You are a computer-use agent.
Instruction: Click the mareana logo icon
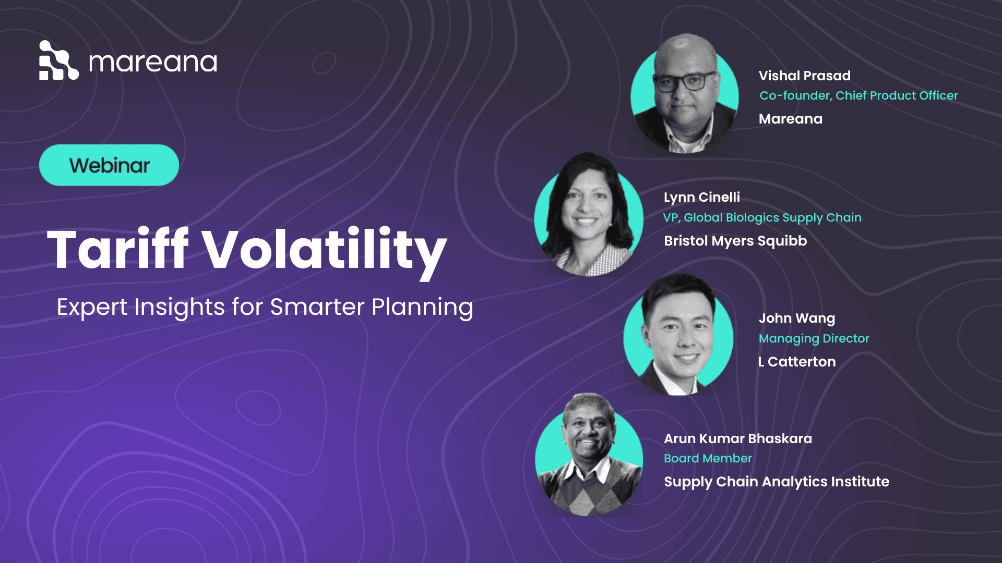point(58,60)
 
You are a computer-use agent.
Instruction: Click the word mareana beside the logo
point(153,63)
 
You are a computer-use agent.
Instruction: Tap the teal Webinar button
point(109,165)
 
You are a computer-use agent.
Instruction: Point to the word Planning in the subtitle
point(422,307)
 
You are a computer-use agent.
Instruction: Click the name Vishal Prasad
point(804,76)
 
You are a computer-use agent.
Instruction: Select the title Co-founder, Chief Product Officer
point(858,95)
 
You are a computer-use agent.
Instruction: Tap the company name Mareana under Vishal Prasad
point(790,119)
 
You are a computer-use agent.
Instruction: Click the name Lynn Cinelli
point(701,197)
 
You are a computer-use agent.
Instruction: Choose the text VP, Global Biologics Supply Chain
point(762,217)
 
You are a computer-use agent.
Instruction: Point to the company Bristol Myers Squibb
point(735,241)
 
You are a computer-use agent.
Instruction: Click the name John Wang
point(796,318)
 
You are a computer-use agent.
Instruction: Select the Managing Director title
point(814,338)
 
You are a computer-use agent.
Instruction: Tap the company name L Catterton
point(796,362)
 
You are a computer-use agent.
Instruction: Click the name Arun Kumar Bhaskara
point(737,438)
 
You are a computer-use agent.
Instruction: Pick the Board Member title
point(708,458)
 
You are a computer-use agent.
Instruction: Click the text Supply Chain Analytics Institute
point(776,482)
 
